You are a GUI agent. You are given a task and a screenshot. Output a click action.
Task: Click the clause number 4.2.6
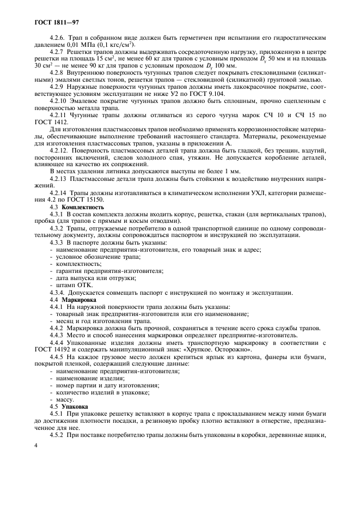pyautogui.click(x=58, y=38)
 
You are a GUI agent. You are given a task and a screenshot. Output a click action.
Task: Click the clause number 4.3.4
pyautogui.click(x=59, y=293)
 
